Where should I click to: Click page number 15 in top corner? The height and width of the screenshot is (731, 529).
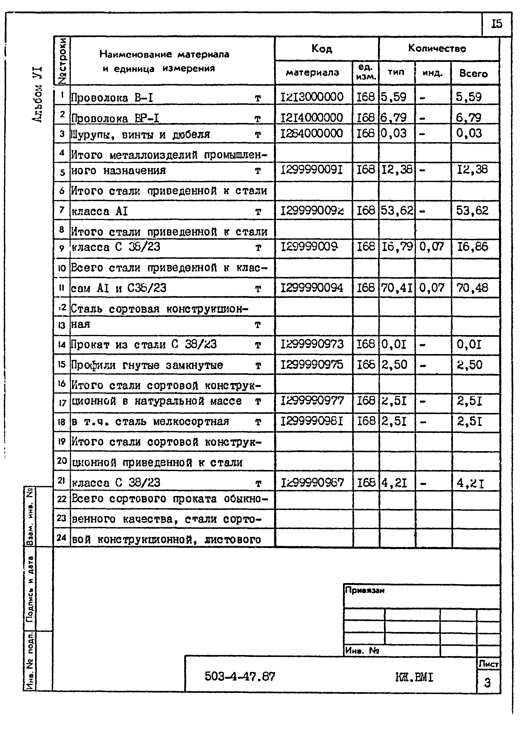pos(496,24)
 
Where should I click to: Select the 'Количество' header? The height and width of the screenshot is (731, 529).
pos(437,48)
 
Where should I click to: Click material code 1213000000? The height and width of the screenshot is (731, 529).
pos(312,97)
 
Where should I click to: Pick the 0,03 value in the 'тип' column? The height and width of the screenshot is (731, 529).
pos(394,133)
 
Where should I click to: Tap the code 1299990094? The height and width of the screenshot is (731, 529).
pos(312,287)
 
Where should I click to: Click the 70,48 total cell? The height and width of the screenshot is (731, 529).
pos(472,287)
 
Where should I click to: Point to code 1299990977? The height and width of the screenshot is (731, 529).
pos(312,401)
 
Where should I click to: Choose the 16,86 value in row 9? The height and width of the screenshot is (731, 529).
pos(472,247)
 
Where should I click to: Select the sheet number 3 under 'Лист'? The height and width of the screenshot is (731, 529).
pos(487,683)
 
